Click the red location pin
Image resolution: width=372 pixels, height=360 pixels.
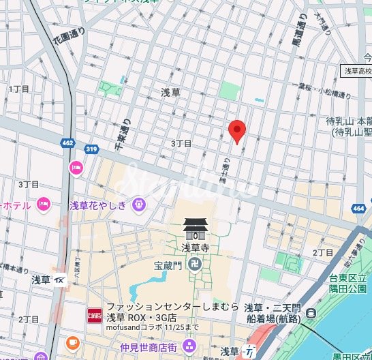(236, 130)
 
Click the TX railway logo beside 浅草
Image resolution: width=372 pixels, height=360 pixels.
(59, 280)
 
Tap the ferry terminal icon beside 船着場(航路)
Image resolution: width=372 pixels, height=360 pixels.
(311, 313)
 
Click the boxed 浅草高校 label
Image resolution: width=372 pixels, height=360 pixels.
(356, 71)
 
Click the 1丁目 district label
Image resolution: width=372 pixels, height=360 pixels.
(19, 89)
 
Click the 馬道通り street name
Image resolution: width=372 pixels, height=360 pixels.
(298, 35)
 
